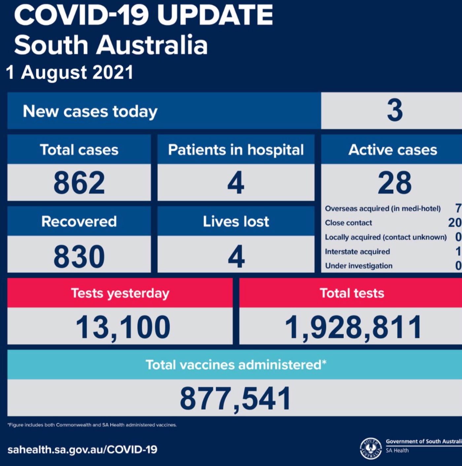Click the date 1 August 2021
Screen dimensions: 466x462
70,72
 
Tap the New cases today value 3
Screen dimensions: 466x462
395,110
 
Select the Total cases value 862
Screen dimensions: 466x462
79,183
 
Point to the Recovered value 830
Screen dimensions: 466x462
79,256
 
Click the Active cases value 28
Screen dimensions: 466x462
395,183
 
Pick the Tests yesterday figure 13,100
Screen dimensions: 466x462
123,327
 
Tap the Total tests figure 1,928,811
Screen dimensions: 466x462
353,327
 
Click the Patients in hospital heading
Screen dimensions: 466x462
236,150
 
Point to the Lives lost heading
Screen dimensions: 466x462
236,221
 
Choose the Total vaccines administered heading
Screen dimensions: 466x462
236,365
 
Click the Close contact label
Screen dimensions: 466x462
348,223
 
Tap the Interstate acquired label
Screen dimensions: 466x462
357,252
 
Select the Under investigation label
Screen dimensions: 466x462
359,266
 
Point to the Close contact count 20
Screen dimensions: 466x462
454,223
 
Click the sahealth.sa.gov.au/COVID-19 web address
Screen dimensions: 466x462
82,449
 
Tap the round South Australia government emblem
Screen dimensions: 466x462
371,448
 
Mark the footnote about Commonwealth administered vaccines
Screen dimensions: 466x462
92,425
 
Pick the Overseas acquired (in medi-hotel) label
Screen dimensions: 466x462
382,209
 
